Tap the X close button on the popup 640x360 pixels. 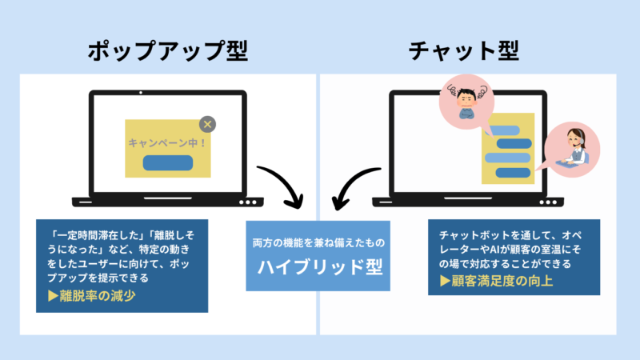[207, 124]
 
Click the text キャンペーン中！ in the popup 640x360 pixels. [167, 142]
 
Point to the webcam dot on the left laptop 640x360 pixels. [141, 93]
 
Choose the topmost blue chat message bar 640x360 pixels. [502, 130]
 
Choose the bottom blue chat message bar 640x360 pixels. [510, 170]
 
